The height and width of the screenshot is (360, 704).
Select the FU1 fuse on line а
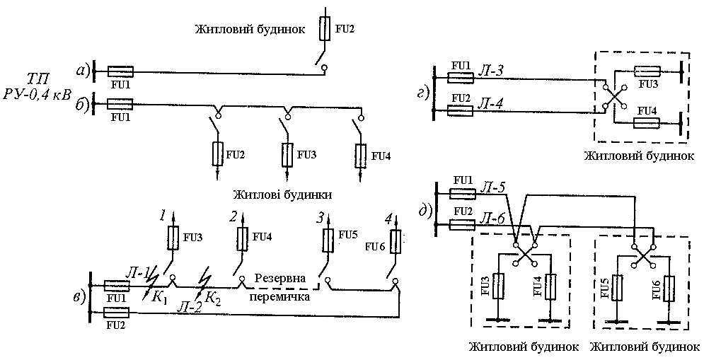[x=120, y=71]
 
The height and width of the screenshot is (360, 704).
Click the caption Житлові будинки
[x=282, y=193]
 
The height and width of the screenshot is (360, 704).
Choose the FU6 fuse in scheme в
[x=396, y=242]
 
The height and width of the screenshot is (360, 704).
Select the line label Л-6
[x=491, y=221]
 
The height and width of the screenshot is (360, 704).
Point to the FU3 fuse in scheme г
[x=647, y=71]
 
